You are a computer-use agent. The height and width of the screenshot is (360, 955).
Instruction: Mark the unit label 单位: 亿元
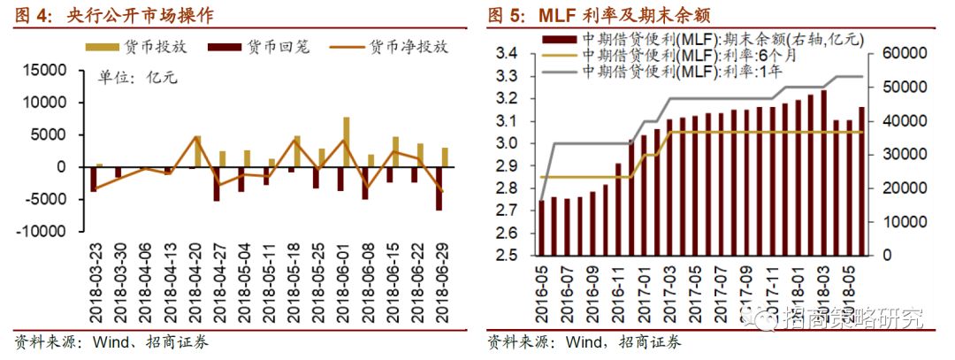pos(138,78)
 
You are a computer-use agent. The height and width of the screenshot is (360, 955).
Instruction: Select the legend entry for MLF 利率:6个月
pos(699,55)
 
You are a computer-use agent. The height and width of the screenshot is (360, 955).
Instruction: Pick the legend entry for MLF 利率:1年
pos(699,70)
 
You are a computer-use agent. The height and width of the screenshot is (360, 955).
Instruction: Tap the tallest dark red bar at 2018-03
pos(823,172)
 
